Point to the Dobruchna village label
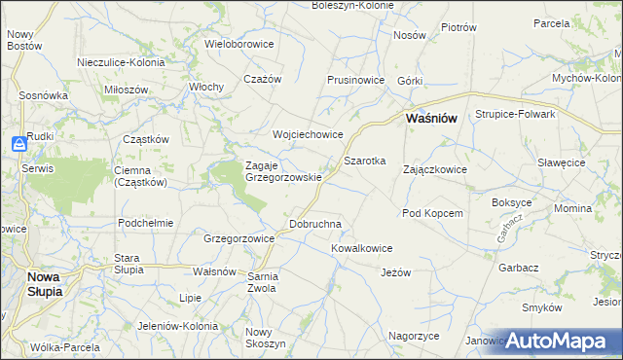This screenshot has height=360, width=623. coord(315,224)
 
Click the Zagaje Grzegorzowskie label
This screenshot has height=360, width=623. coord(283,171)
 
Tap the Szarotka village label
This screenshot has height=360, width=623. coord(365,160)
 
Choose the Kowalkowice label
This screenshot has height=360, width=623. coord(361,248)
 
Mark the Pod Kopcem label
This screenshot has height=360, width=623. coord(431,212)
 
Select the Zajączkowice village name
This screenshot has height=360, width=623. coord(435,169)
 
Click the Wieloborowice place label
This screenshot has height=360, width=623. coord(239,44)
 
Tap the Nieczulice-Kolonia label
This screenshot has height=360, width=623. coord(121,62)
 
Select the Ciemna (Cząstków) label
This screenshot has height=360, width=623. coord(141,175)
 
